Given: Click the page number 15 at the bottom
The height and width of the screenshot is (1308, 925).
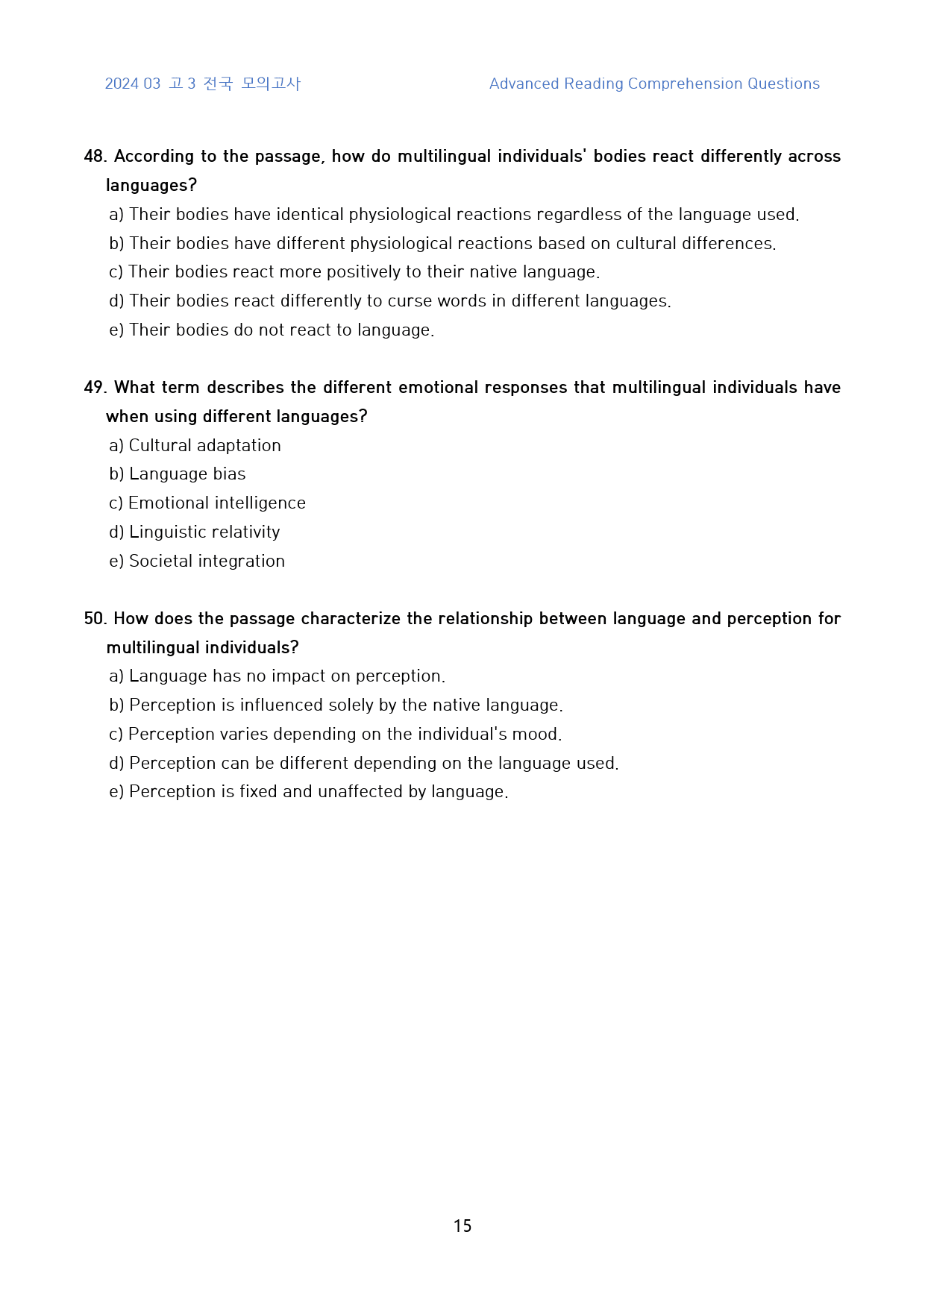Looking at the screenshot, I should [462, 1225].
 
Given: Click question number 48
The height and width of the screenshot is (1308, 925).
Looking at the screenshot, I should [95, 157].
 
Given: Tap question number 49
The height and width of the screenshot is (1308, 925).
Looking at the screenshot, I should [95, 388].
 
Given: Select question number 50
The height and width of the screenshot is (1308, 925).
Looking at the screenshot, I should [95, 619].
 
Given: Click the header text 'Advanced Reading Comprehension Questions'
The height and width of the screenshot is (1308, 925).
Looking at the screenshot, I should [654, 84].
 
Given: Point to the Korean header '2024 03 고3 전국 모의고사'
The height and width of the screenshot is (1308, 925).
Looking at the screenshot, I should [202, 84].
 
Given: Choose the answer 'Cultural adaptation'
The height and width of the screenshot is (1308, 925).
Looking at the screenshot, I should [204, 445].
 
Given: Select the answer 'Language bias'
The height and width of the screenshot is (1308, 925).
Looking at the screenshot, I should [186, 474].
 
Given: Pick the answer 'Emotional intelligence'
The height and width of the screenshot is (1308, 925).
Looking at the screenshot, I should [216, 503].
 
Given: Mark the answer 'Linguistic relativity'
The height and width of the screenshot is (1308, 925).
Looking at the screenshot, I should [204, 532].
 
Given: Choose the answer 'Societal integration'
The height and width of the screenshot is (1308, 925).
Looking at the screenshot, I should [207, 562].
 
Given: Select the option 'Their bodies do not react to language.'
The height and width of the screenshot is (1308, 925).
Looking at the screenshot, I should [281, 330].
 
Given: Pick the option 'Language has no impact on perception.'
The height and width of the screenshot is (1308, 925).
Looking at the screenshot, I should [286, 676].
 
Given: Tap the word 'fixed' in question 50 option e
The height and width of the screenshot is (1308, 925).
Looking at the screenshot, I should [258, 792].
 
